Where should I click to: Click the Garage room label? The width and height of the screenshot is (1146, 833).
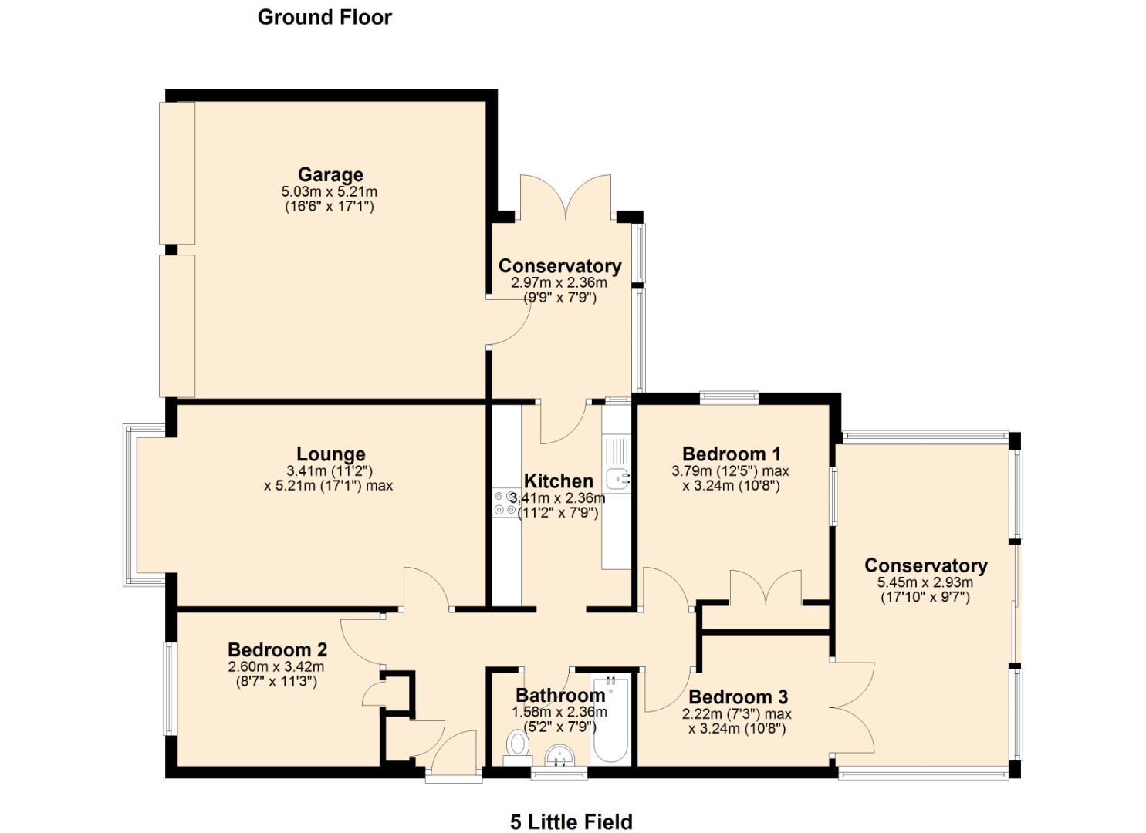(330, 175)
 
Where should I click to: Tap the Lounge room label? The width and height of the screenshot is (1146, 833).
(330, 454)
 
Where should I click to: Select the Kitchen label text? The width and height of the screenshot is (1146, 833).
(559, 482)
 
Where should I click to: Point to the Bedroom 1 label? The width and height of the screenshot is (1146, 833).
(731, 454)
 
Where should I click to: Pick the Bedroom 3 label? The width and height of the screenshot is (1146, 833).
(738, 697)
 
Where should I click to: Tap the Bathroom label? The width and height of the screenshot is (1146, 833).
(559, 695)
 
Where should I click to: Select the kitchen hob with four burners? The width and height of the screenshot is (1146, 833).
(505, 503)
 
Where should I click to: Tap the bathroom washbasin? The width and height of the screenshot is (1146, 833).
(559, 755)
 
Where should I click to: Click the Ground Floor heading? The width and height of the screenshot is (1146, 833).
(324, 17)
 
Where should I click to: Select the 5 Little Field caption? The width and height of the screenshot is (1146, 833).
(571, 822)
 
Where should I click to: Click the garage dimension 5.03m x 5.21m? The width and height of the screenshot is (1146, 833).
(330, 191)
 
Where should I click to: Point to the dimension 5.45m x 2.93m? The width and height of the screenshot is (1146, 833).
(925, 583)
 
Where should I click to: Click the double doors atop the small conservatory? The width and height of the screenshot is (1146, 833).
(566, 197)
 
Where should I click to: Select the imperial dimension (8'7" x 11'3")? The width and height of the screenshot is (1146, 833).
(276, 682)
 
